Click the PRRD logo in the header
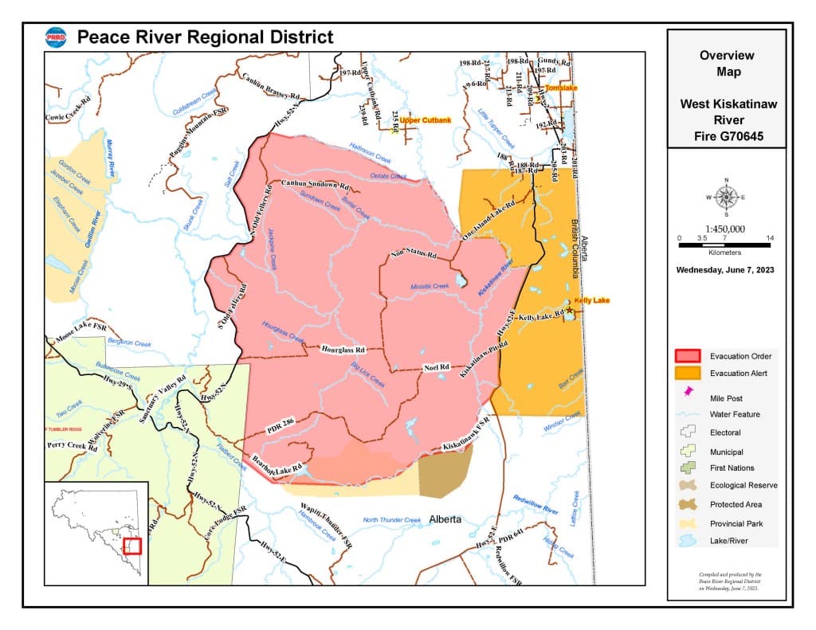point(56,37)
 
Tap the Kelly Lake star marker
point(569,310)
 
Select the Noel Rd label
point(436,367)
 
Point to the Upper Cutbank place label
point(426,120)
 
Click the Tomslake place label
point(561,87)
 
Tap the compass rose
point(725,196)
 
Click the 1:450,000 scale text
point(725,229)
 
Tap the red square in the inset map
point(133,546)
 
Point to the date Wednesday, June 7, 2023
point(725,270)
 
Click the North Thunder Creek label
point(391,520)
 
